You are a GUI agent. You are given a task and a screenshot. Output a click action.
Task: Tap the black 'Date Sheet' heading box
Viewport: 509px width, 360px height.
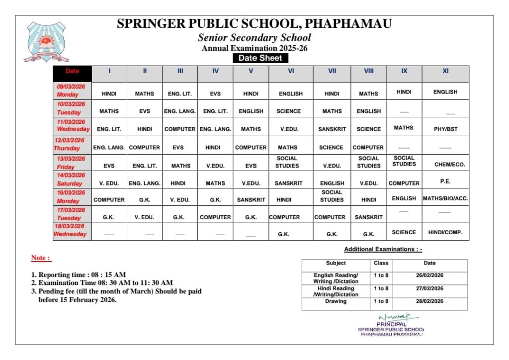click(x=260, y=58)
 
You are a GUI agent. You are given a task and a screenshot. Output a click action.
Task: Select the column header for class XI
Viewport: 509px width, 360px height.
click(x=445, y=71)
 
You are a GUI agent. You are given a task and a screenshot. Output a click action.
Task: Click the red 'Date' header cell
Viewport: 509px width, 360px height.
click(x=73, y=71)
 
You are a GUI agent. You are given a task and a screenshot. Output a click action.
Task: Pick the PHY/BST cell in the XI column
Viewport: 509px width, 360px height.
click(x=445, y=129)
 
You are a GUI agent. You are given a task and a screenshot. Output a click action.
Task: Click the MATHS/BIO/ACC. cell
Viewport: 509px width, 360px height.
click(x=445, y=198)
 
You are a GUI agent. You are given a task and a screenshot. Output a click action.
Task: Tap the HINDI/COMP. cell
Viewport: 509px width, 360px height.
click(x=445, y=232)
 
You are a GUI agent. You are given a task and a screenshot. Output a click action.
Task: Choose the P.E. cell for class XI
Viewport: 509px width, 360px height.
click(x=445, y=181)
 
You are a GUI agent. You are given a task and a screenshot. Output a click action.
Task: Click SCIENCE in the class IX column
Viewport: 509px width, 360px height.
click(x=404, y=232)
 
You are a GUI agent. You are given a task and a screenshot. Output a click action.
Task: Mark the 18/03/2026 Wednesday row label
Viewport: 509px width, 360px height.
click(x=71, y=230)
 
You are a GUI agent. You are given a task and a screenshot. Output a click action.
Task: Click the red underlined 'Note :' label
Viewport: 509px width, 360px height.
click(x=41, y=258)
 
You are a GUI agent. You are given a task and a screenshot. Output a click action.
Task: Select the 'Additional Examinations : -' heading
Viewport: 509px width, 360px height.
click(x=383, y=249)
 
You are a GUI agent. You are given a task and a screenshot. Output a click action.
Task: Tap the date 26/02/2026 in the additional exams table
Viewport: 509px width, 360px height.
click(x=429, y=275)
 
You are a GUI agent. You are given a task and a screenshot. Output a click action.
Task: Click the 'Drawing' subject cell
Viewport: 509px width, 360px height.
click(x=336, y=301)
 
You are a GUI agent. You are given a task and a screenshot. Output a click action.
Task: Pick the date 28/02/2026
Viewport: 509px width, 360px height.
click(x=429, y=301)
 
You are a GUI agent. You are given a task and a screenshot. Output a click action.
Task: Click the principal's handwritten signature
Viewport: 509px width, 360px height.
click(x=391, y=317)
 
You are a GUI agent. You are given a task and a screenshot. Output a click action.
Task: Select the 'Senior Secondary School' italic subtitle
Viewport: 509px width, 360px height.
click(x=254, y=38)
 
